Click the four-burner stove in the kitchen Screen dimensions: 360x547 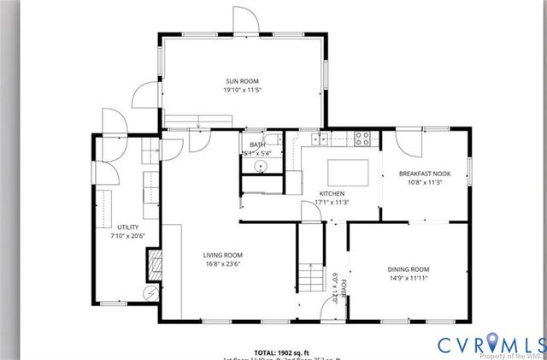point(362,137)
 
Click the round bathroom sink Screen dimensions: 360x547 point(254,166)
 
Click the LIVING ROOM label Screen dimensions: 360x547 point(222,255)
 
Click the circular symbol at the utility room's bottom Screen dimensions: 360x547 point(151,292)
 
